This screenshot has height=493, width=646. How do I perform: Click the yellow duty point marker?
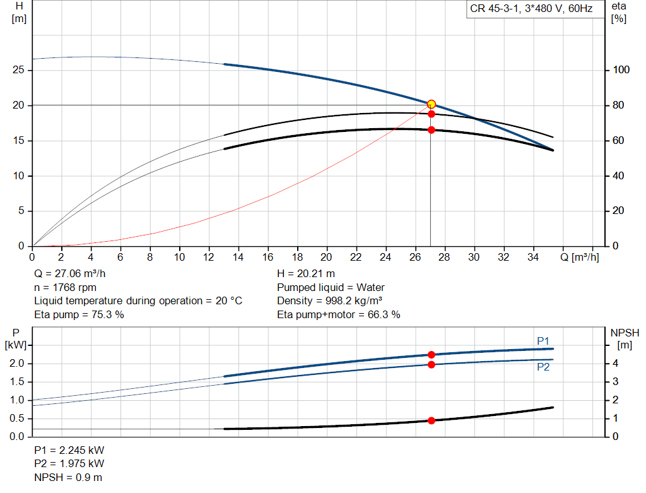[431, 104]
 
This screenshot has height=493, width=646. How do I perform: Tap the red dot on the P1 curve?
[432, 355]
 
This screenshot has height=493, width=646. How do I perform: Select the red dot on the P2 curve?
[432, 364]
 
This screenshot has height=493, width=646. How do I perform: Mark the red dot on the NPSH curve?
[432, 420]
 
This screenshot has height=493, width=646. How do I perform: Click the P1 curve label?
[543, 341]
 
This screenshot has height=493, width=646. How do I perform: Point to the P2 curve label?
[543, 367]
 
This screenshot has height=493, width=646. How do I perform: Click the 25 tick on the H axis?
[18, 69]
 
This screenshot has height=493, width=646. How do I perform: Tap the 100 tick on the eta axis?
[621, 69]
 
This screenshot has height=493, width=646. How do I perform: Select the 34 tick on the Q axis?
[533, 257]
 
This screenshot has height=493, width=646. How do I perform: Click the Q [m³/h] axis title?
[580, 257]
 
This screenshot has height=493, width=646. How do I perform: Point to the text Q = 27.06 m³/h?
[69, 274]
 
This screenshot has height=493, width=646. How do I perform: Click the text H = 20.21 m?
[306, 274]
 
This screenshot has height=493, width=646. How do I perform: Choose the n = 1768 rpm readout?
[65, 287]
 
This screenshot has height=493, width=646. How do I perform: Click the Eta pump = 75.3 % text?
[79, 314]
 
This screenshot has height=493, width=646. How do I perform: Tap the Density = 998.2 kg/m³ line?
[329, 301]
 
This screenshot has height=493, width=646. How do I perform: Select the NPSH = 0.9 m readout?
[68, 477]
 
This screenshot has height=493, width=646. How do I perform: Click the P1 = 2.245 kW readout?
[69, 450]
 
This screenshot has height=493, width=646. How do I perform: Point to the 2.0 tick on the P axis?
[17, 363]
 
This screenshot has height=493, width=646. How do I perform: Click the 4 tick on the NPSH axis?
[616, 363]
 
